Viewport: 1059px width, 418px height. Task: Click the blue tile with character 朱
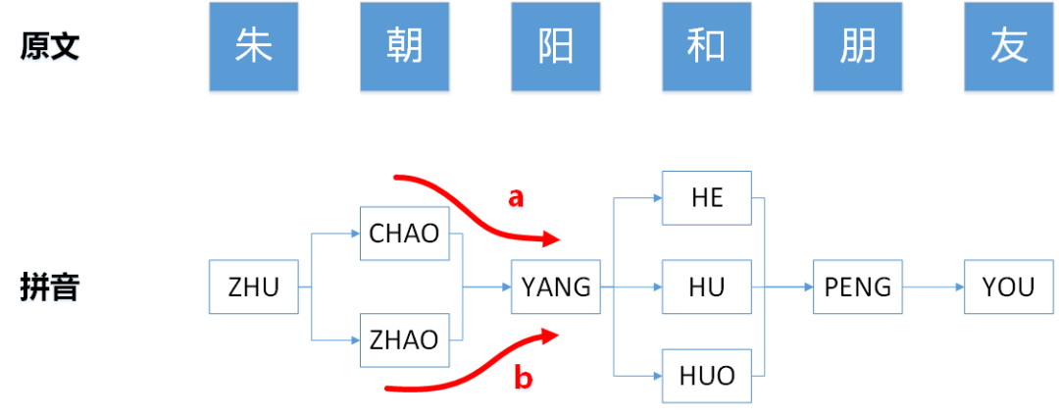click(253, 47)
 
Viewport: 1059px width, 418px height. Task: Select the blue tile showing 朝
click(404, 47)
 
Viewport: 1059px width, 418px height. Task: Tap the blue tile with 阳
click(555, 47)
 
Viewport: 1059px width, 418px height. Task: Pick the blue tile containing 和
click(706, 47)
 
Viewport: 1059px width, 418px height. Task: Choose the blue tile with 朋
click(857, 47)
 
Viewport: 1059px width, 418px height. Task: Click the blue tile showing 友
click(1008, 47)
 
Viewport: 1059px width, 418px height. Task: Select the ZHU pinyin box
click(253, 287)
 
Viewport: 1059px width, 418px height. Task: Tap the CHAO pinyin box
click(404, 234)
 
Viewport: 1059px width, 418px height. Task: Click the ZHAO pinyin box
click(404, 340)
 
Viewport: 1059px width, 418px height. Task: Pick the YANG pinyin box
click(555, 287)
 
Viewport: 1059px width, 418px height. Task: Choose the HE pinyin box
click(706, 198)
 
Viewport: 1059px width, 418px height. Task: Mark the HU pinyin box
click(706, 287)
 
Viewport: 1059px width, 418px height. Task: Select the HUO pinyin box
click(706, 375)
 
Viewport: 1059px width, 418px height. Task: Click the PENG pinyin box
click(857, 287)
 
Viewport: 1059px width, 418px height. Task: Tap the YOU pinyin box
click(1008, 287)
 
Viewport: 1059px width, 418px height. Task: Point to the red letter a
click(516, 198)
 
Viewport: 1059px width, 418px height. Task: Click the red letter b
click(524, 379)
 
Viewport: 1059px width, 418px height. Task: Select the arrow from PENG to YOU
click(933, 287)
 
